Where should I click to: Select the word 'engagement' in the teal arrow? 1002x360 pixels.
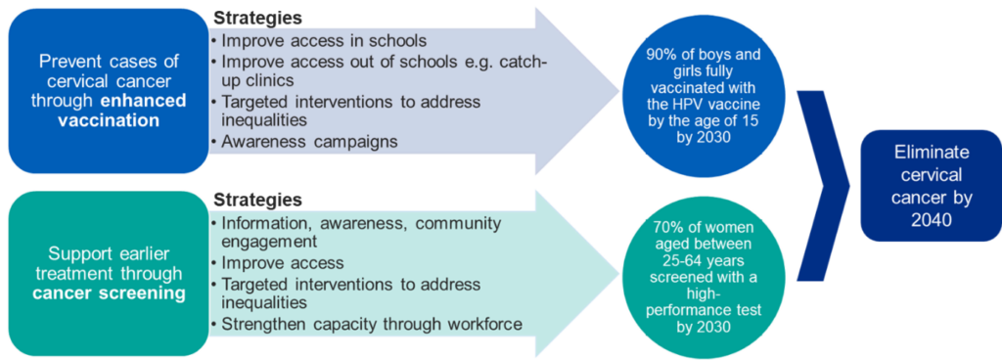coord(264,242)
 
